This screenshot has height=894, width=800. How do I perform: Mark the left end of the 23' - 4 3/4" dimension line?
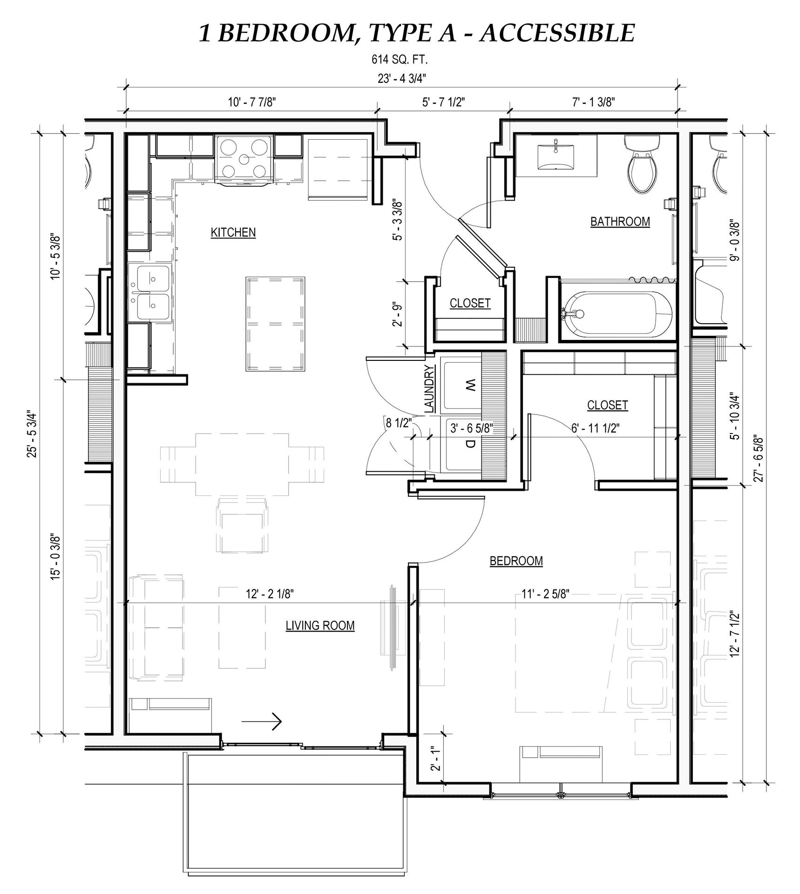coord(125,87)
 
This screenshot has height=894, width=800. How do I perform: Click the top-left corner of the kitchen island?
coord(247,278)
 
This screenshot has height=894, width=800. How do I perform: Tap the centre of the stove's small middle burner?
coord(244,159)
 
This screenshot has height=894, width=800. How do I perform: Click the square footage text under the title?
coord(400,60)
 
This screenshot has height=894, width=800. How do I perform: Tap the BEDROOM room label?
coord(516,561)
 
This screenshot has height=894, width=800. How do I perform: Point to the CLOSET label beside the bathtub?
coord(470,304)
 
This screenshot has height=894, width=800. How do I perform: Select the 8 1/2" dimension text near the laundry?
coord(399,423)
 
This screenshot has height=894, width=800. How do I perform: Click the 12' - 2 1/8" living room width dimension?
coord(270,594)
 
